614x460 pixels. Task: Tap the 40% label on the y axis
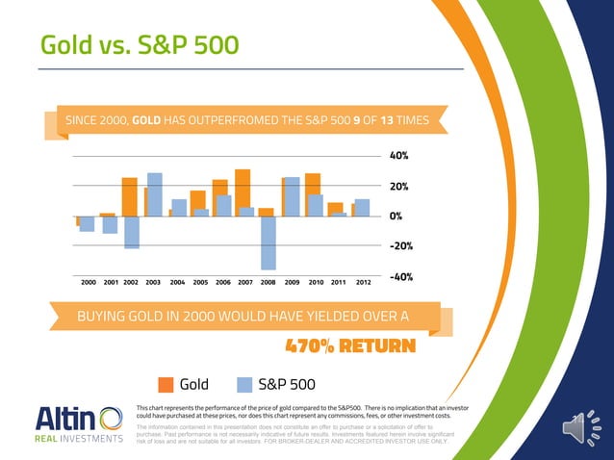coord(398,155)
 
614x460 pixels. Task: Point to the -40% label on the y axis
coord(400,277)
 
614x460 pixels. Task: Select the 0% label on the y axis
coord(395,216)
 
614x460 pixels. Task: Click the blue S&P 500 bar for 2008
coord(269,243)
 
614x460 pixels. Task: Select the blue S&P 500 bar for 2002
coord(132,232)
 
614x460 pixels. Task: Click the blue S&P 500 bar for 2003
coord(155,194)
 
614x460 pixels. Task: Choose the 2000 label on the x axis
coord(87,283)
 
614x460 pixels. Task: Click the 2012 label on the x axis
coord(364,283)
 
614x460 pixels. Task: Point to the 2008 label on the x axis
coord(269,283)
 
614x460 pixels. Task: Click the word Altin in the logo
coord(64,420)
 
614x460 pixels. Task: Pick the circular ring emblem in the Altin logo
coord(110,420)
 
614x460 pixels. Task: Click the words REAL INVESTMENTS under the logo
coord(77,441)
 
